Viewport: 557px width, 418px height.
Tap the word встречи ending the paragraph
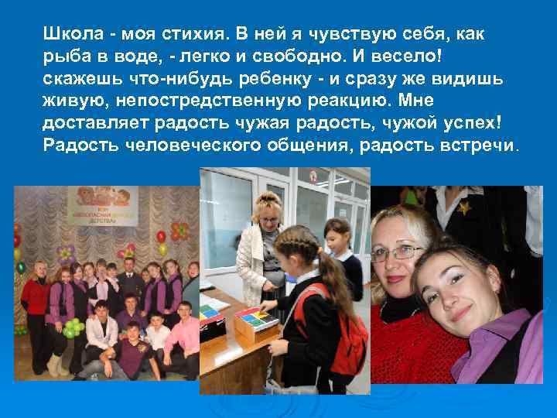[479, 146]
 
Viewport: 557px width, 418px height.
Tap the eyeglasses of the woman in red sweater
[397, 252]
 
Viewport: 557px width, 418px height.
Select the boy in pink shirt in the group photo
[183, 333]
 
